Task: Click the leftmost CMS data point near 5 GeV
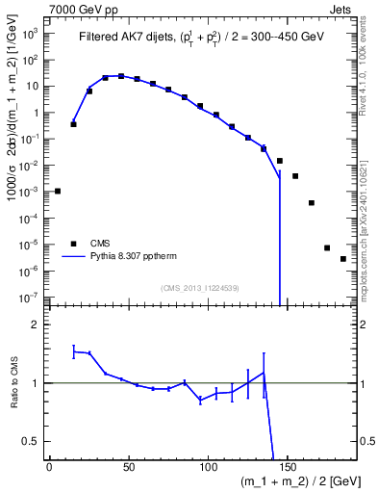coord(58,191)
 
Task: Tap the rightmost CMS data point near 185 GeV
coord(343,259)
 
